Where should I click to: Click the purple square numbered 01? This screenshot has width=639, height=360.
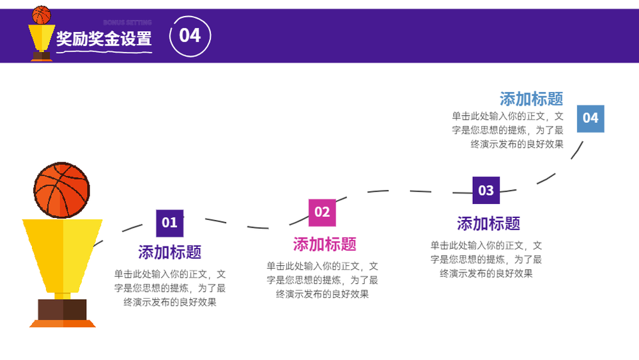[169, 223]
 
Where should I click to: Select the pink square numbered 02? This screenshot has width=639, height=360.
[322, 212]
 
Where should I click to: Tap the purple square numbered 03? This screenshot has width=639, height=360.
[486, 191]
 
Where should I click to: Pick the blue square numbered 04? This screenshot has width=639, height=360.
[590, 119]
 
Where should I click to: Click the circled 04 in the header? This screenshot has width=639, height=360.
[190, 36]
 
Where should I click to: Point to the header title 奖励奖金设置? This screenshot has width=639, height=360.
[104, 39]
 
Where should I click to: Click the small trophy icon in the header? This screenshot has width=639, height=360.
[41, 33]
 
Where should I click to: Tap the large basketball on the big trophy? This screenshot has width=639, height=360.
[61, 190]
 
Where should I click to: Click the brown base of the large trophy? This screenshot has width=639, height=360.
[63, 309]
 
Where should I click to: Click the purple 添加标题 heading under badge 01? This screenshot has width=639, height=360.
[169, 253]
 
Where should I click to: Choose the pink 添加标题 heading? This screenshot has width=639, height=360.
[325, 245]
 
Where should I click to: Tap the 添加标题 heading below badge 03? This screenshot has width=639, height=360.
[488, 223]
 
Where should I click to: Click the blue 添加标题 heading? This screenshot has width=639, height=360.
[532, 99]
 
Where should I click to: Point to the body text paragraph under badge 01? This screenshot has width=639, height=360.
[169, 288]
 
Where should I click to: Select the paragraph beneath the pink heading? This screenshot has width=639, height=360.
[322, 280]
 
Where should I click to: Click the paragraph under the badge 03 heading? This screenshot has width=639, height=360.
[486, 260]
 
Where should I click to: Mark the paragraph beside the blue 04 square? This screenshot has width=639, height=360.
[508, 130]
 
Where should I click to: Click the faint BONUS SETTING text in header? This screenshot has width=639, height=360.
[128, 22]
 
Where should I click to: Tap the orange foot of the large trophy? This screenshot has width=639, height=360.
[63, 324]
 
